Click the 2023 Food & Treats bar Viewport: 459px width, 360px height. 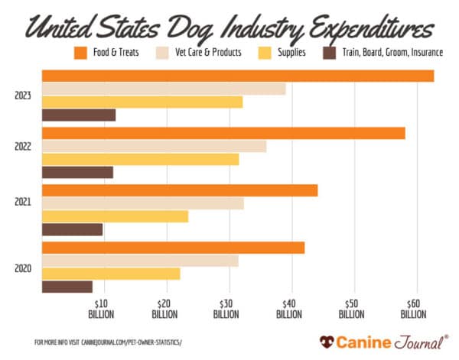point(237,76)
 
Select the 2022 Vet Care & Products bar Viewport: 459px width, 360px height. point(154,146)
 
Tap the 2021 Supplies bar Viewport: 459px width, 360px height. point(115,216)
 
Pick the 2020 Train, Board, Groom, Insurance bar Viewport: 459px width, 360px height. point(67,287)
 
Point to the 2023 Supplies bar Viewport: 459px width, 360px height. point(142,102)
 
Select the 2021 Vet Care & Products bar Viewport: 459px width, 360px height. point(142,203)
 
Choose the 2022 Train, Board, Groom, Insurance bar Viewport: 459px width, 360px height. point(77,172)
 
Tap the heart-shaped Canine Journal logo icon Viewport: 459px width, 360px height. point(327,341)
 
